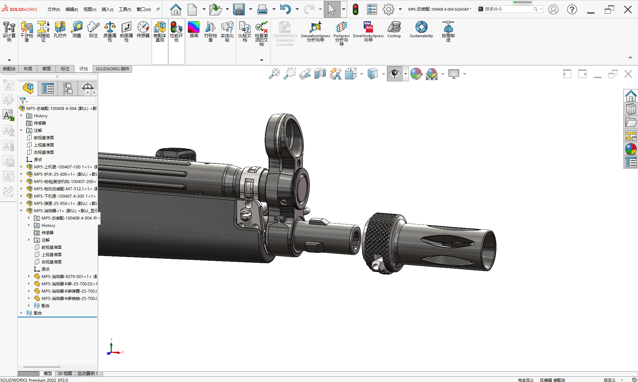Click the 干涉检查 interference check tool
27,31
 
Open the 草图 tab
47,69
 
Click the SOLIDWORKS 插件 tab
112,69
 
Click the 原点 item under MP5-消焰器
46,269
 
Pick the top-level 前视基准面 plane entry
44,138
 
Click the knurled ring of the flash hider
379,242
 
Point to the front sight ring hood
284,133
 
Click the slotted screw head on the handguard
246,213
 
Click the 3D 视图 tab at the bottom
65,373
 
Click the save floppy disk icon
239,9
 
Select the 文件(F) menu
54,9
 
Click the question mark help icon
572,9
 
